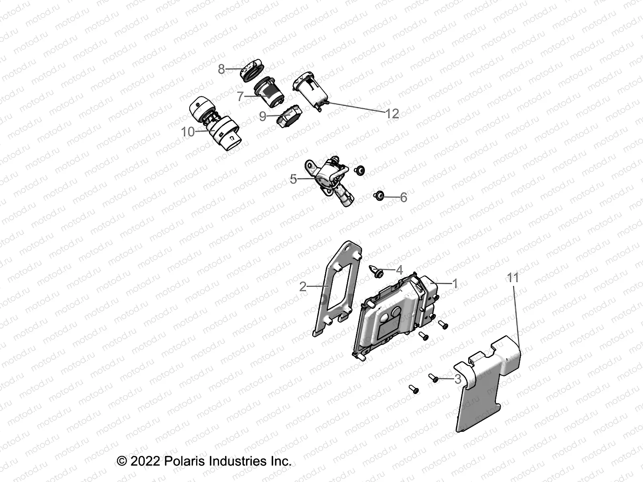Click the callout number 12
pyautogui.click(x=392, y=114)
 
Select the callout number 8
pyautogui.click(x=221, y=69)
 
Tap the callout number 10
pyautogui.click(x=188, y=132)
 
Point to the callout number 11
pyautogui.click(x=513, y=278)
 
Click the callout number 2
pyautogui.click(x=303, y=286)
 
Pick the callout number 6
pyautogui.click(x=403, y=197)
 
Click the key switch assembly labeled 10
pyautogui.click(x=215, y=123)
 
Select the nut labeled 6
pyautogui.click(x=378, y=196)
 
